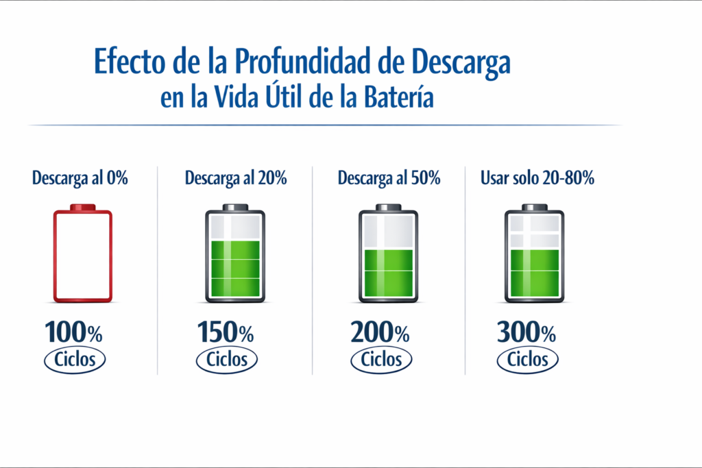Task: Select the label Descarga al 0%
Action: point(80,179)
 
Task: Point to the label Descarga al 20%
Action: point(236,179)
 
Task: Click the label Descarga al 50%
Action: point(389,179)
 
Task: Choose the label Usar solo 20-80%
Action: point(537,179)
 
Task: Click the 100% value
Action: point(74,333)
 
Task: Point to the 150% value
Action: point(226,333)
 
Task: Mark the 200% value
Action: point(380,333)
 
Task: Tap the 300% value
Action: point(526,333)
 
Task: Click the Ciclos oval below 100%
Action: point(75,360)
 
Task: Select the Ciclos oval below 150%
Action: point(227,360)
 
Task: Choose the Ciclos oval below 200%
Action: point(381,360)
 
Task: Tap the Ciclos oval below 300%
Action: point(528,360)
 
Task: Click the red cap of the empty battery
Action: point(83,207)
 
